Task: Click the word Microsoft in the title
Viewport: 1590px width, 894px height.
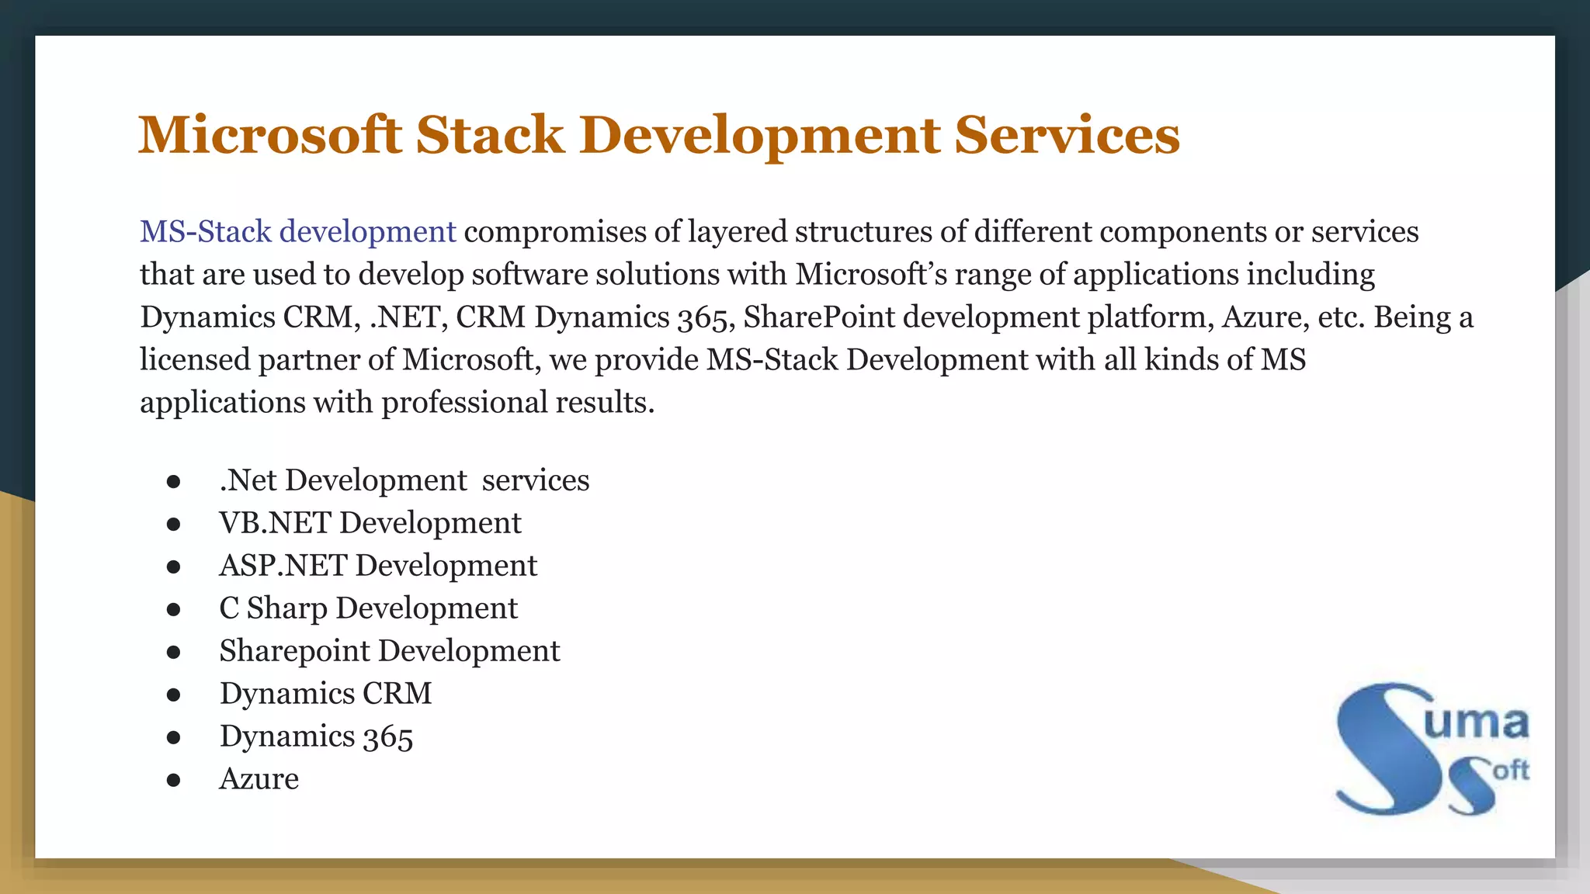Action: coord(269,135)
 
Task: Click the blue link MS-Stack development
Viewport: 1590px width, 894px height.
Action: coord(297,232)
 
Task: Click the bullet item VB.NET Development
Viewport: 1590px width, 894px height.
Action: coord(370,523)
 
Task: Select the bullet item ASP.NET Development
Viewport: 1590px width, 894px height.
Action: coord(378,566)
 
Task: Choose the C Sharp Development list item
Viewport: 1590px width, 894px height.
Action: coord(368,608)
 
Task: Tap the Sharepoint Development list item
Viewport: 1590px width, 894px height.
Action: coord(389,651)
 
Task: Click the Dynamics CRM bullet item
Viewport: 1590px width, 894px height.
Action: coord(325,694)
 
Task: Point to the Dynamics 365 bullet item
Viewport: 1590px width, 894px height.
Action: coord(316,736)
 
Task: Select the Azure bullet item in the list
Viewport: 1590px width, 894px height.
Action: coord(259,779)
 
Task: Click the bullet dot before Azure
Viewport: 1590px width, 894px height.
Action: coord(173,780)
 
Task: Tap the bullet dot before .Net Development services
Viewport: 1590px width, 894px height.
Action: coord(173,482)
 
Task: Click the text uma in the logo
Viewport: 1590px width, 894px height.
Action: coord(1476,723)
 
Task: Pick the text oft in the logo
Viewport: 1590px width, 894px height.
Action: coord(1510,771)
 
